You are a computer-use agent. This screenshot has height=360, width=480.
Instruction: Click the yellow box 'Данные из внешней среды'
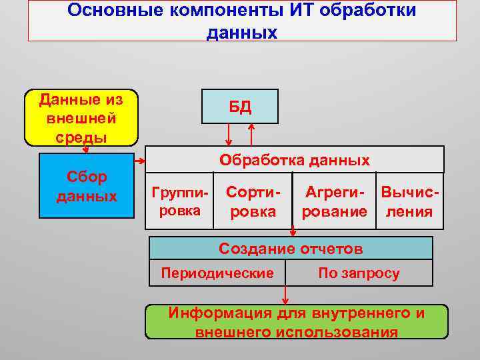pyautogui.click(x=81, y=118)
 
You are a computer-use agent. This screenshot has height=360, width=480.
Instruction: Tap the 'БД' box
pyautogui.click(x=240, y=107)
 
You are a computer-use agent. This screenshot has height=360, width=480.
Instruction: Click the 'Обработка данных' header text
pyautogui.click(x=294, y=160)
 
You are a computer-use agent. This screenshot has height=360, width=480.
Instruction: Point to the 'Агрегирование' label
pyautogui.click(x=335, y=201)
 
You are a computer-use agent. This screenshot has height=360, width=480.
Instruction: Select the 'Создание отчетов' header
pyautogui.click(x=291, y=249)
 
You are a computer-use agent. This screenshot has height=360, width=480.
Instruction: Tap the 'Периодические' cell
pyautogui.click(x=217, y=273)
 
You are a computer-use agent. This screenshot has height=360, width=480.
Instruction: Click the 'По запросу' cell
pyautogui.click(x=359, y=273)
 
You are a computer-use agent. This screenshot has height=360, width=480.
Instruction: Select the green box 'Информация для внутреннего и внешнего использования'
pyautogui.click(x=297, y=322)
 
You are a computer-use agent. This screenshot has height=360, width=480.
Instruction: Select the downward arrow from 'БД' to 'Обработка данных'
pyautogui.click(x=229, y=135)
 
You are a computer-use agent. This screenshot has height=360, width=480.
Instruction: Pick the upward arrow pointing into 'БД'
pyautogui.click(x=251, y=135)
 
